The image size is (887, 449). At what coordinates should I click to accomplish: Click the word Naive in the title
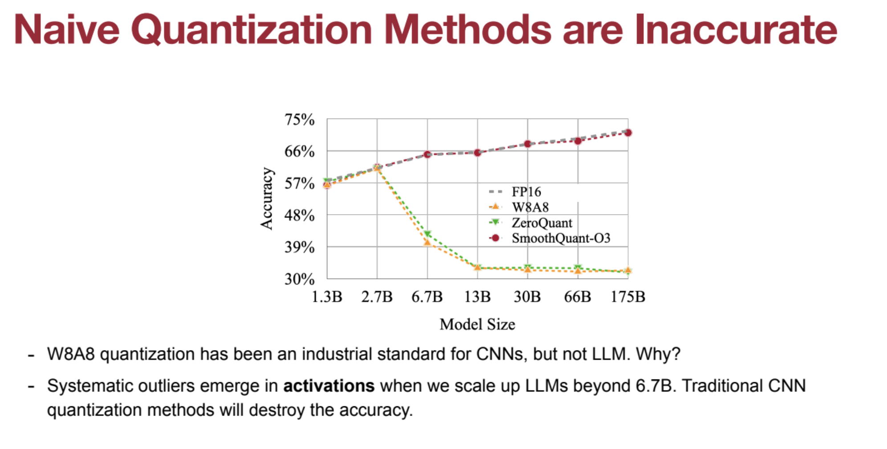point(67,29)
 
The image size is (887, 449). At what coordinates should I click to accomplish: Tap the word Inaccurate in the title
point(736,29)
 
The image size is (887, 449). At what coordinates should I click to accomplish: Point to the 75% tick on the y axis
point(299,120)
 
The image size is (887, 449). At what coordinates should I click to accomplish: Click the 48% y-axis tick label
point(299,216)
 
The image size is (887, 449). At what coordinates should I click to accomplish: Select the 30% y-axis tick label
point(299,279)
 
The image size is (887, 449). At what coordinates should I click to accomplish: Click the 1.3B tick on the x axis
point(327,297)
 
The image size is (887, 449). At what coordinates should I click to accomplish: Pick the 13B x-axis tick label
point(477,297)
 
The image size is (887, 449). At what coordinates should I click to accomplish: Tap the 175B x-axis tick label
point(628,297)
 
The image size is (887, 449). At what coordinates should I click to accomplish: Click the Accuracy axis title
point(267,199)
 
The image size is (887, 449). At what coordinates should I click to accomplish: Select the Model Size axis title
point(477,324)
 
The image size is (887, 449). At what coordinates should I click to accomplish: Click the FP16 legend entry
point(526,192)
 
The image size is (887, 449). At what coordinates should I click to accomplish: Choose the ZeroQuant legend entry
point(541,223)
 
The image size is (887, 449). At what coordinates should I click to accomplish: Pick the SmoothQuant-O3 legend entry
point(561,238)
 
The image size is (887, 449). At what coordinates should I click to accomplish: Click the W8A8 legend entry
point(530,207)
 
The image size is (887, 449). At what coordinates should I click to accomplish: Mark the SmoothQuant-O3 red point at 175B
point(628,133)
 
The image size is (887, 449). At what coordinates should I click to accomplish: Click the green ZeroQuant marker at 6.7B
point(427,234)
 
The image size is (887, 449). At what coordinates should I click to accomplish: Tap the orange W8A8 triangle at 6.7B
point(427,243)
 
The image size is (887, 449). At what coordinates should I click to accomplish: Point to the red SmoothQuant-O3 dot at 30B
point(528,144)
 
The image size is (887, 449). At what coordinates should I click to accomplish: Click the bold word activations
point(329,386)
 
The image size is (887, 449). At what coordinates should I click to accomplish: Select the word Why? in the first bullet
point(658,354)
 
